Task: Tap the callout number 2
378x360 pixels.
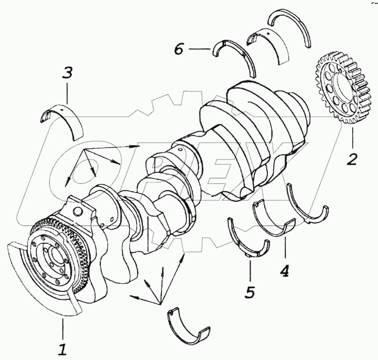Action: tap(352, 159)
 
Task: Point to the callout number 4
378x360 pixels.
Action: tap(284, 269)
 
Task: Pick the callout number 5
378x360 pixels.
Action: tap(249, 291)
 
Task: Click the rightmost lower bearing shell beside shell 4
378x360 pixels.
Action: tap(307, 206)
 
